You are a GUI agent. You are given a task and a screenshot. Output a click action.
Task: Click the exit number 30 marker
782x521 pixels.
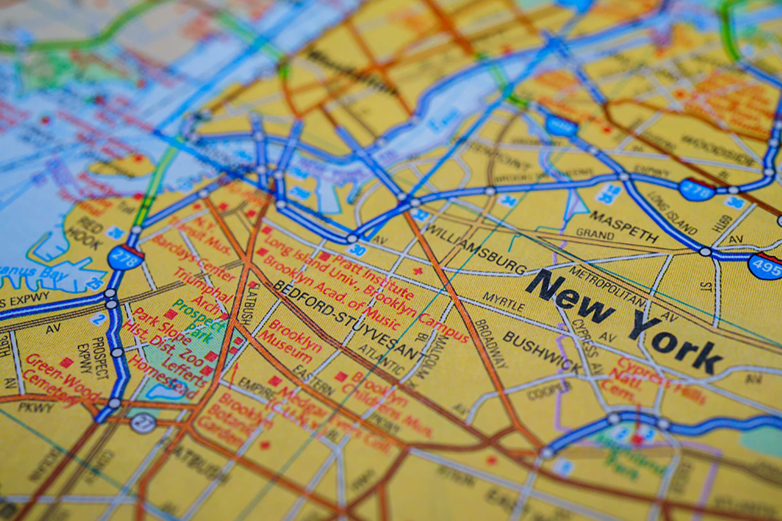(357, 250)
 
